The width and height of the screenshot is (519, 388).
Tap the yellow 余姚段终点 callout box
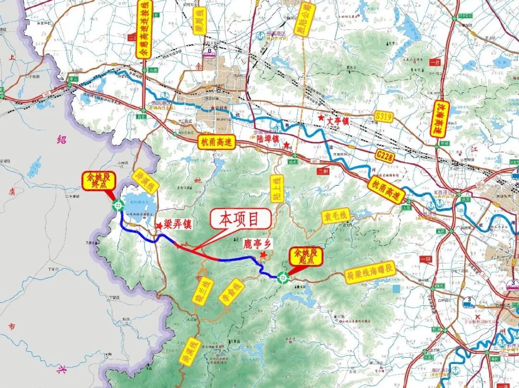98,181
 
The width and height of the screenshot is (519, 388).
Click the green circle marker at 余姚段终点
118,206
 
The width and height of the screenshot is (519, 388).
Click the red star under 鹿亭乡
263,255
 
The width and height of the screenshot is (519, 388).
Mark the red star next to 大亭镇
321,118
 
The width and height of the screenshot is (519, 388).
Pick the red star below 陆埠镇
286,145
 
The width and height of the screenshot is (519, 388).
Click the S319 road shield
384,116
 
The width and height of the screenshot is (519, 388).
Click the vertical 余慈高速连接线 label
144,29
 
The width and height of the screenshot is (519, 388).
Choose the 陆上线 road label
276,189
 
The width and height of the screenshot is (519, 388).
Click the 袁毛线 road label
336,217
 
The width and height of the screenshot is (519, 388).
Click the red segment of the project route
199,253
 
